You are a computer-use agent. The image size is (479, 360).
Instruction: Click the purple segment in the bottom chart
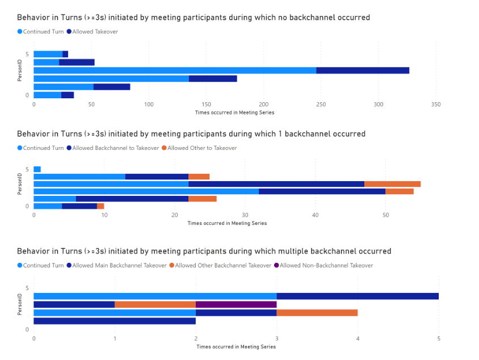236,304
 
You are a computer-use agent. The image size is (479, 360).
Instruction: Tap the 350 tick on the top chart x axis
436,104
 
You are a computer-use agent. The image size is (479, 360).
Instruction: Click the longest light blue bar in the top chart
175,70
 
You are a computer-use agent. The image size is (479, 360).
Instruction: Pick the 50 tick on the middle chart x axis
385,215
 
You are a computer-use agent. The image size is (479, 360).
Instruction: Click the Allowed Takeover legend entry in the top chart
95,31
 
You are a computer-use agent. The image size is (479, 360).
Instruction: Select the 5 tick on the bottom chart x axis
439,338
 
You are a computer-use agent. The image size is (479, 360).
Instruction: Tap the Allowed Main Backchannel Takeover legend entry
117,265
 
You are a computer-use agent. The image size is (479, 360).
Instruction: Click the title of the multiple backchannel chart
204,251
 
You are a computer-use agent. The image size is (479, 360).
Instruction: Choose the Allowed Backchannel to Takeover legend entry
115,148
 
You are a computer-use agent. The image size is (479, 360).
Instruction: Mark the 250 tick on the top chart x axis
321,104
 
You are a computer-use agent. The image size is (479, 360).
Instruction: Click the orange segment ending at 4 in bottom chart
317,313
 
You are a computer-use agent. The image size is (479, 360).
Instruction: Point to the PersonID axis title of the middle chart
19,187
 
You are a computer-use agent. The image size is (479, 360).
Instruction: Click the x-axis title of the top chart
234,112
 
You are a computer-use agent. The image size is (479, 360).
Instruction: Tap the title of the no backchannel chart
194,18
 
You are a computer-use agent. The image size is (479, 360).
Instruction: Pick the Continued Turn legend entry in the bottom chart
43,265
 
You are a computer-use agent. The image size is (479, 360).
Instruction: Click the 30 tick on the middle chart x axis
245,215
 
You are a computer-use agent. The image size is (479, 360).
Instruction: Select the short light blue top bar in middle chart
37,169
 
